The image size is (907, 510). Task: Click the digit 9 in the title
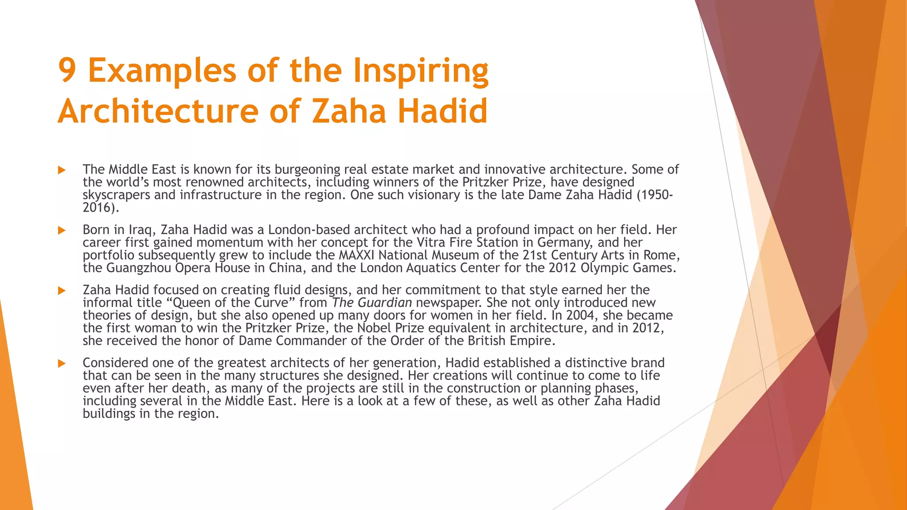pyautogui.click(x=67, y=71)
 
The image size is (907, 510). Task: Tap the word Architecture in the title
pyautogui.click(x=158, y=111)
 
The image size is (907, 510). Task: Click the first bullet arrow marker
pyautogui.click(x=62, y=170)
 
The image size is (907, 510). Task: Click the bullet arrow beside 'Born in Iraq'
pyautogui.click(x=62, y=230)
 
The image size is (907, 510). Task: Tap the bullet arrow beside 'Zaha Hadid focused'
pyautogui.click(x=62, y=290)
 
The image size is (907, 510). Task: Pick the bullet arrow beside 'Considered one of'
pyautogui.click(x=62, y=363)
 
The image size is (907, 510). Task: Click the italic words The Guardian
pyautogui.click(x=372, y=303)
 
